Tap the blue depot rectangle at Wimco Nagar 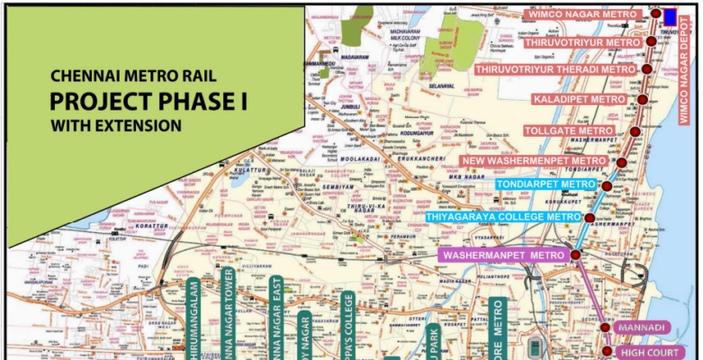tap(670, 15)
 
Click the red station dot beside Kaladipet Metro tap(643, 99)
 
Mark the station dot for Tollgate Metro tap(635, 131)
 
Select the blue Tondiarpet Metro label tap(545, 184)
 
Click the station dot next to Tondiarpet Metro tap(607, 186)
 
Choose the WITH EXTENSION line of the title tap(116, 124)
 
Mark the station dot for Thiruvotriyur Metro tap(651, 42)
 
